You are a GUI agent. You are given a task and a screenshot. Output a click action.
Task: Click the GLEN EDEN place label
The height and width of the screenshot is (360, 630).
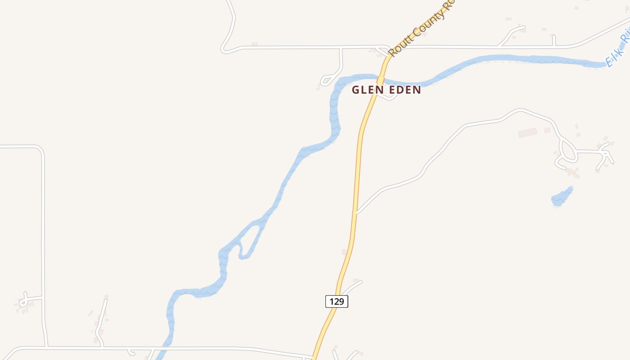[386, 90]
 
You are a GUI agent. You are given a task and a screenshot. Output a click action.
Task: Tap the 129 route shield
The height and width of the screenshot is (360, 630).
[337, 301]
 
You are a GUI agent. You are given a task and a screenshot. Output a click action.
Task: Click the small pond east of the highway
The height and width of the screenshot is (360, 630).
[562, 198]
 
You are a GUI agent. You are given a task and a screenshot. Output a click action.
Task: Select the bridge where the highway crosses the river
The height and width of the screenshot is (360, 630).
[381, 80]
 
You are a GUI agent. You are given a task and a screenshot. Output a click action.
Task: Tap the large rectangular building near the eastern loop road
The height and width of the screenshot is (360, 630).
[527, 133]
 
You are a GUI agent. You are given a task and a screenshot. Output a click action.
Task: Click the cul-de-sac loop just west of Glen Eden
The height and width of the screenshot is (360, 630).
[325, 81]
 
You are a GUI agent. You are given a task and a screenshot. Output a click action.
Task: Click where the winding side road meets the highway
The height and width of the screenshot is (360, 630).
[356, 213]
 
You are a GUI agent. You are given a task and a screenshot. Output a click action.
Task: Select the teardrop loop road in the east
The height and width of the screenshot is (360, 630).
[568, 151]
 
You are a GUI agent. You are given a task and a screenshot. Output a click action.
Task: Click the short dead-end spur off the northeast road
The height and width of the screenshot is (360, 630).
[553, 40]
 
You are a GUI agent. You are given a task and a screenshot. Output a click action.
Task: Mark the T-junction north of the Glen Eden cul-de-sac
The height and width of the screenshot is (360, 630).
[341, 47]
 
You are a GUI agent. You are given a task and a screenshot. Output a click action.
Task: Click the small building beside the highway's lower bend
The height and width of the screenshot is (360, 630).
[344, 252]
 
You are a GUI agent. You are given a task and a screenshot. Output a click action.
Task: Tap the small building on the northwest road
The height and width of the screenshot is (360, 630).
[255, 44]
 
